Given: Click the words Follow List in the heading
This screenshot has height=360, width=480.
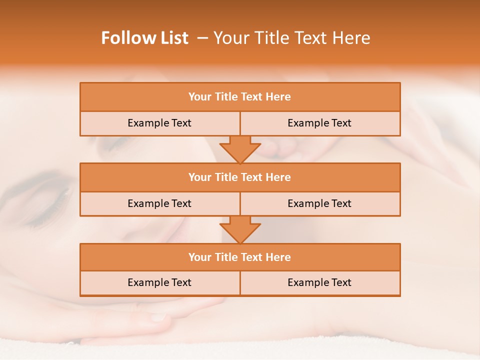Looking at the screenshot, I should coord(145,38).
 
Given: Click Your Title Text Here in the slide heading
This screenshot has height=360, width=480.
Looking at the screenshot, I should coord(292,38).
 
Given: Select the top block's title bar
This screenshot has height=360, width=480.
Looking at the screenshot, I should coord(240,97).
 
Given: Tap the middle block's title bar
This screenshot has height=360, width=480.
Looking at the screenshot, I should coord(240,177).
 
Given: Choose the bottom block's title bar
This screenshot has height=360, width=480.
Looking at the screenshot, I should coord(240,257).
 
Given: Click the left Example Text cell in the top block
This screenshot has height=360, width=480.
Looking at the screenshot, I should coord(159,123).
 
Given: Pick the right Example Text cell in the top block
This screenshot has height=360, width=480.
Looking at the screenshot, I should coord(319,123).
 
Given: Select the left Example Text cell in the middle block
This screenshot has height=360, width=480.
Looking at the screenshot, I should coord(159,204).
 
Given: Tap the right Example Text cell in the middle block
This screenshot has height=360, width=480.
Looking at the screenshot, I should coord(319,204).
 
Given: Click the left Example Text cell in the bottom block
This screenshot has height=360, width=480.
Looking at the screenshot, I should coord(159,283).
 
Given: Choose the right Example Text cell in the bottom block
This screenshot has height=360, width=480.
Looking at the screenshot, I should coord(319,283).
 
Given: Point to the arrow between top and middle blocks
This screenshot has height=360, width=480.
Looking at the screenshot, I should coord(240,149).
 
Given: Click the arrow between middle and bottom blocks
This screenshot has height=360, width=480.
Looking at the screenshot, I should coord(240,229).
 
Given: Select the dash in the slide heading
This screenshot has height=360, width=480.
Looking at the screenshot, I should coord(203,38).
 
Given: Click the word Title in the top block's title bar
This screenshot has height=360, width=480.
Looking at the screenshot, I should coord(225,97).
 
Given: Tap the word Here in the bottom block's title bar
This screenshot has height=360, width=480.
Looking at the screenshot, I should coord(278,257).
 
